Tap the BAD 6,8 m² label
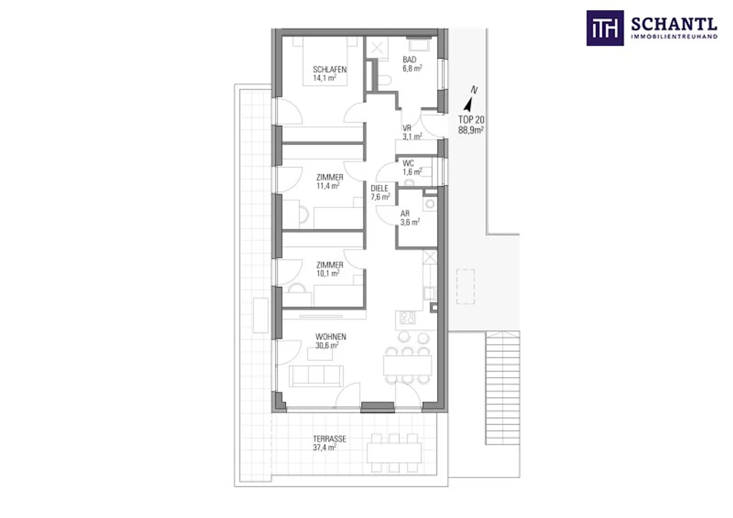click(x=412, y=64)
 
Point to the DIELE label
click(x=379, y=188)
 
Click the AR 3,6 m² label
click(x=410, y=218)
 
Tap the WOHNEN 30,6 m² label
click(x=331, y=341)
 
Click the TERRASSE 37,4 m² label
click(x=329, y=443)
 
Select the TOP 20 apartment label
click(x=471, y=125)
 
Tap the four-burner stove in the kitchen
click(x=407, y=317)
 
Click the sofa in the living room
click(x=316, y=376)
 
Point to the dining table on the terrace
click(x=394, y=452)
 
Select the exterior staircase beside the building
click(x=502, y=388)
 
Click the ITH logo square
click(x=605, y=28)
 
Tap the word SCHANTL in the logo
click(x=674, y=25)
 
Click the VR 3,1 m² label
click(x=412, y=132)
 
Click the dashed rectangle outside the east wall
click(x=465, y=286)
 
